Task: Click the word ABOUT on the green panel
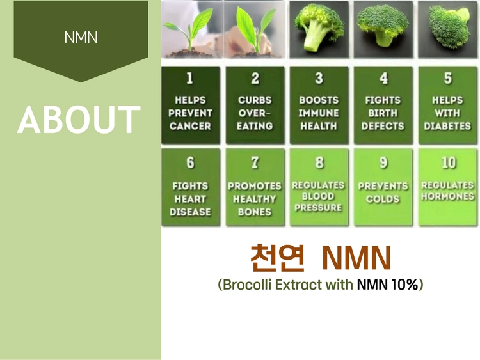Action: [79, 120]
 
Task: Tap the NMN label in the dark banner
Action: [81, 37]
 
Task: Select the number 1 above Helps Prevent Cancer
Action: [190, 78]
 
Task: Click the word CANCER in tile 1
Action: [190, 126]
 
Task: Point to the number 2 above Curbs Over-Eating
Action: [255, 78]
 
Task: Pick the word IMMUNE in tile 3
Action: [319, 113]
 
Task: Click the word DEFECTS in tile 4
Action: [383, 126]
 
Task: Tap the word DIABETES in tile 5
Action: [447, 126]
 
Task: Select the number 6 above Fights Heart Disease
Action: [190, 162]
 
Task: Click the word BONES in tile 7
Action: [255, 212]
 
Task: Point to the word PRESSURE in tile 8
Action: [318, 208]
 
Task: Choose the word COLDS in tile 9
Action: [383, 199]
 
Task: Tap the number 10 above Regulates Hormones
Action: [449, 162]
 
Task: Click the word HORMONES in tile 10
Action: [447, 196]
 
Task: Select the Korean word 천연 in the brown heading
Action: [277, 258]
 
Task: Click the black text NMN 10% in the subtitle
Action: [388, 285]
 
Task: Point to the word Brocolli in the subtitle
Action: [247, 285]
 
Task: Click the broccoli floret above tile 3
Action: [319, 27]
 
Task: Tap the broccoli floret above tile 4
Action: [383, 25]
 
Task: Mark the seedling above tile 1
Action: [190, 31]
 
